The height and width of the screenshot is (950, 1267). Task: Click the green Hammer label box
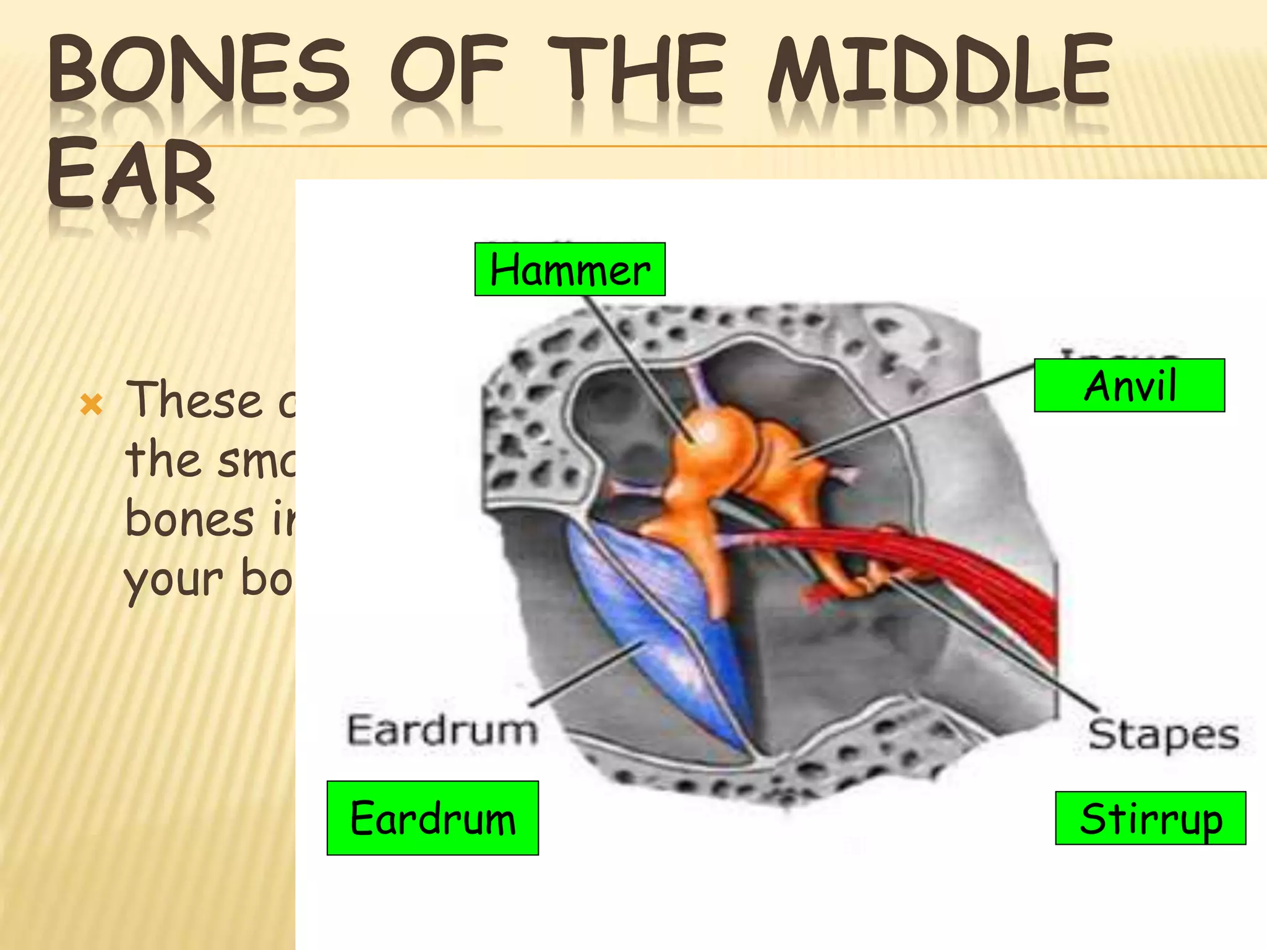point(570,270)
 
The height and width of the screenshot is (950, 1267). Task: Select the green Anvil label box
point(1129,385)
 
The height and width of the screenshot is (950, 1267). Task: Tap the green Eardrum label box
point(432,818)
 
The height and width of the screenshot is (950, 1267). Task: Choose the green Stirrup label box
point(1150,818)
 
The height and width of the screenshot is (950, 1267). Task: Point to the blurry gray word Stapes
point(1163,735)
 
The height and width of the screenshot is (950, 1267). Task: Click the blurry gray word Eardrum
point(442,730)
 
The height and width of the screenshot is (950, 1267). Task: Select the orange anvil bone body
point(783,461)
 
